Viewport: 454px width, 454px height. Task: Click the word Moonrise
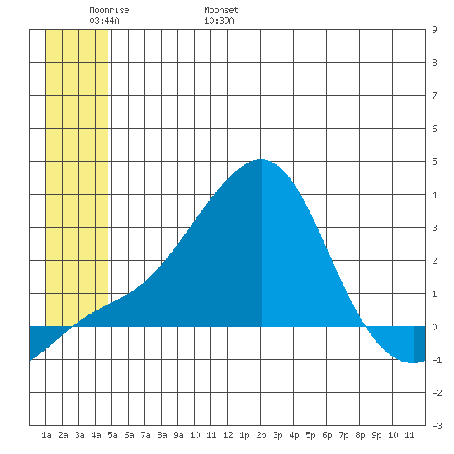(x=109, y=10)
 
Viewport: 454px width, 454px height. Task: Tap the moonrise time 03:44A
(x=104, y=21)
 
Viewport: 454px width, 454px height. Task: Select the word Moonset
(x=221, y=10)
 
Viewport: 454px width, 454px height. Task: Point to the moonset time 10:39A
(x=219, y=21)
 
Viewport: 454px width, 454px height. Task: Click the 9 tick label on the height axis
(x=434, y=30)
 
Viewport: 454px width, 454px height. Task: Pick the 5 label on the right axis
(x=434, y=162)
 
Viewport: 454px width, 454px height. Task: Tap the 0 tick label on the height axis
(x=434, y=327)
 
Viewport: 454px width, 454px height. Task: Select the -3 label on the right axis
(x=437, y=426)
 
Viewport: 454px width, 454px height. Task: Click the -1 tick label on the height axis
(x=437, y=360)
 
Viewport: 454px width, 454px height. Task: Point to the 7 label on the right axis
(x=434, y=96)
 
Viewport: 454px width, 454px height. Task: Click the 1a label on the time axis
(x=46, y=435)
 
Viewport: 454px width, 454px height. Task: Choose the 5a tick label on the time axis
(x=112, y=435)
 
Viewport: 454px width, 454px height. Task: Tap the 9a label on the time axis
(x=178, y=435)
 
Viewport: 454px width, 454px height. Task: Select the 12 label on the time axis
(x=228, y=435)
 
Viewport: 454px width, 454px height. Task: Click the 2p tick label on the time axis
(x=261, y=435)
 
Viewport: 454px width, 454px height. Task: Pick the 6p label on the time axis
(x=327, y=435)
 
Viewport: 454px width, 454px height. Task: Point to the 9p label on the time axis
(x=376, y=435)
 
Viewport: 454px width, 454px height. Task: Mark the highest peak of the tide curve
(x=261, y=159)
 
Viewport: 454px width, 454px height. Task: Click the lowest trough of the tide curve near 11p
(x=412, y=363)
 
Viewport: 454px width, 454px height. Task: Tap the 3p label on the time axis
(x=277, y=435)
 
